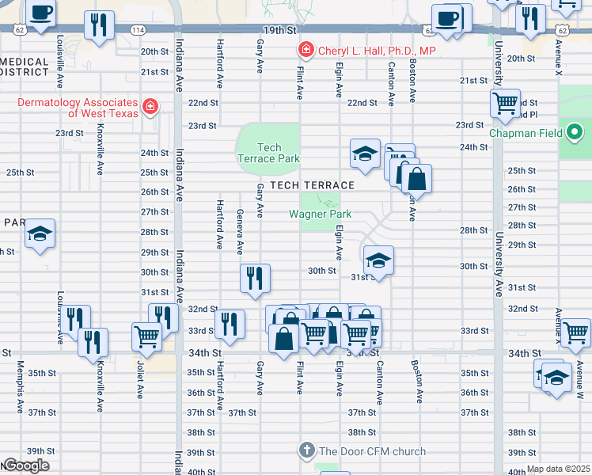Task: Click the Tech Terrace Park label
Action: (269, 153)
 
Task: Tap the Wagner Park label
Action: (320, 214)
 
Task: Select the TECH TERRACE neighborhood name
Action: (311, 184)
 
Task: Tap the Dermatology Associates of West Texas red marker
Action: (149, 106)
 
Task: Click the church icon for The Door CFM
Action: (307, 451)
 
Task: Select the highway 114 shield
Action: (139, 30)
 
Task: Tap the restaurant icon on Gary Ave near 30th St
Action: (255, 278)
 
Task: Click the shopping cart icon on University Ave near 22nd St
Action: (504, 103)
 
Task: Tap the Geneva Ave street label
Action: (240, 231)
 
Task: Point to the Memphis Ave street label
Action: (20, 388)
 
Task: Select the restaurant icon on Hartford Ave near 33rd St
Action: (229, 323)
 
